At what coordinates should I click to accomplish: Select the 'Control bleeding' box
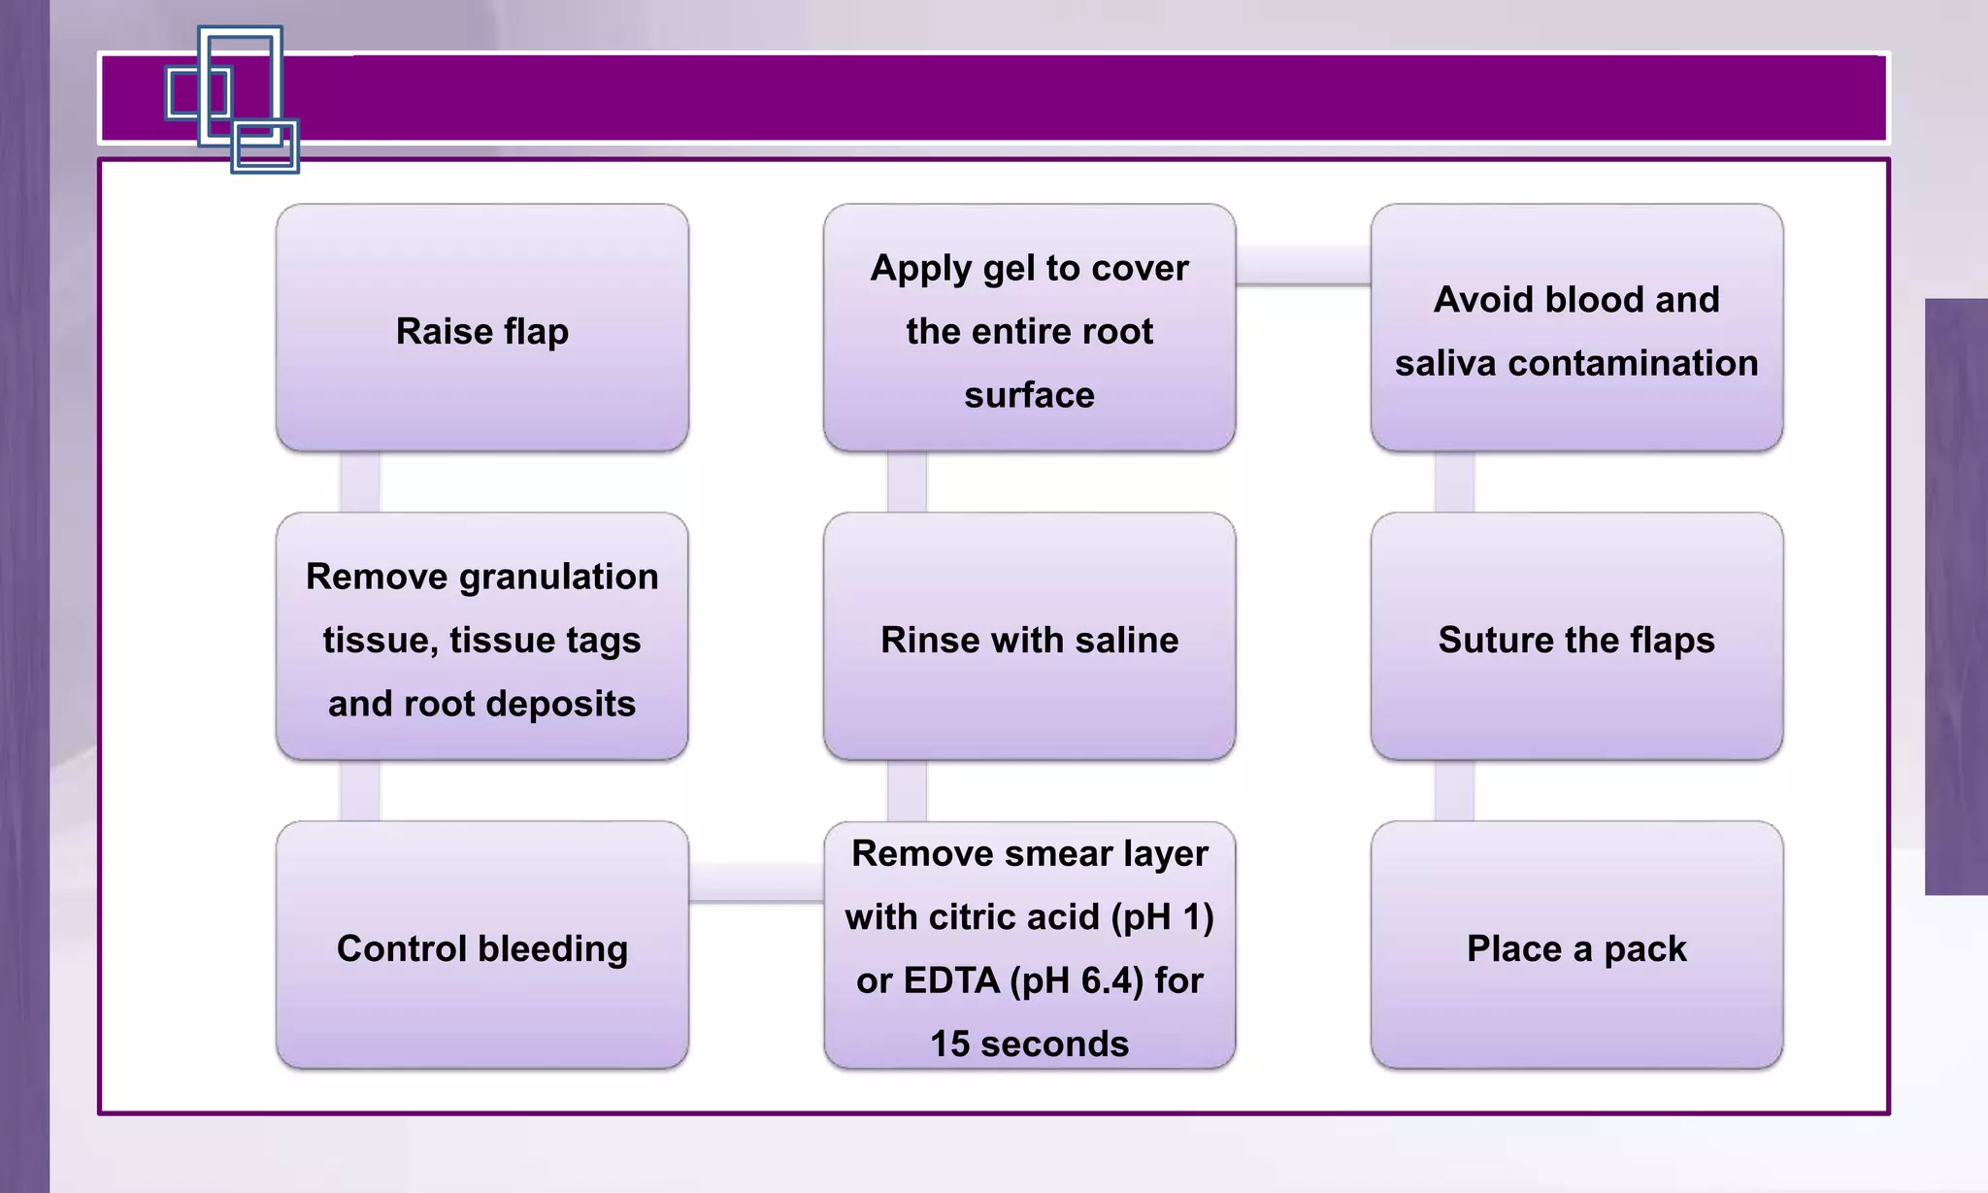[482, 945]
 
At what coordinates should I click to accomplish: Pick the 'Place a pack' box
[1576, 945]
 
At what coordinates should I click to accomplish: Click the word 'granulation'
[558, 577]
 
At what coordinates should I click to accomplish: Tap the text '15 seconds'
[1029, 1044]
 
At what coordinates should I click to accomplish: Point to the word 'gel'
[1009, 269]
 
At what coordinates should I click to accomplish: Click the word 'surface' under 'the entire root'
[1029, 395]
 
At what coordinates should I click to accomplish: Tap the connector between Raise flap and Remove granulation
[359, 481]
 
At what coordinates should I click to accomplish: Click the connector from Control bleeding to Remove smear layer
[756, 882]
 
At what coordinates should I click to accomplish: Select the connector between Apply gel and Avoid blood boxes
[1303, 265]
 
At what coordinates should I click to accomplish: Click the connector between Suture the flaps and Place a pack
[1454, 790]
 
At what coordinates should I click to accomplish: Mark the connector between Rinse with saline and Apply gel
[907, 481]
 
